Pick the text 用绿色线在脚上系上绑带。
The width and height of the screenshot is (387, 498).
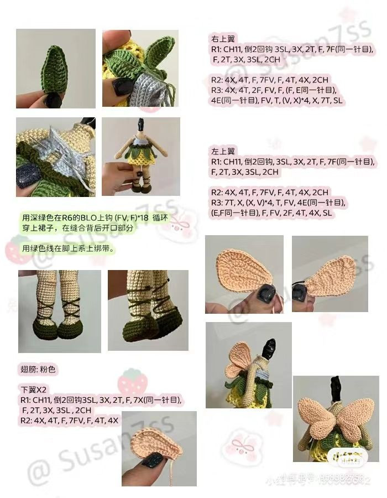(68, 249)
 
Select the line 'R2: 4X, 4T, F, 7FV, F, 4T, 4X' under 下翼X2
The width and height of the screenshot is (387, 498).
(69, 421)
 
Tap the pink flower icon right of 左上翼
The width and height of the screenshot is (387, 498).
(367, 145)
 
